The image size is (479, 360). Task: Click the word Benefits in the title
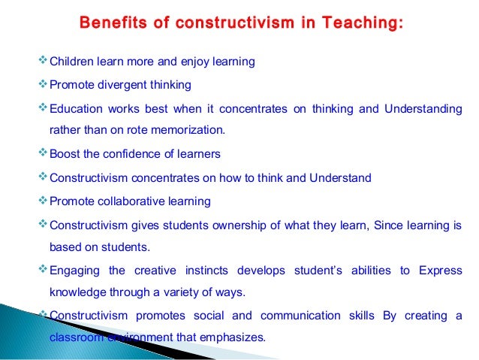coord(107,26)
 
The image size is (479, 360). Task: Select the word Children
coord(71,62)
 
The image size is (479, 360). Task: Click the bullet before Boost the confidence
coord(42,153)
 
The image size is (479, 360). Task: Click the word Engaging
coord(74,271)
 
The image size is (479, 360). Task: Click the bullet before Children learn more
coord(42,61)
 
